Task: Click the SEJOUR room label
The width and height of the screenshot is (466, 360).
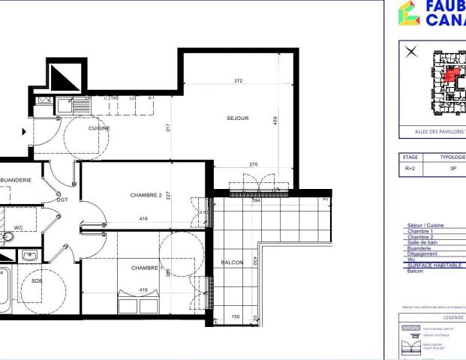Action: [x=237, y=118]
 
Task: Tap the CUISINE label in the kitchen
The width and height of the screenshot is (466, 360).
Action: [x=99, y=128]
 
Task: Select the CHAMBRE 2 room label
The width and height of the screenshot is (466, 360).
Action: [x=146, y=195]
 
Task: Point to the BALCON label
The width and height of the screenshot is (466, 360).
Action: [x=232, y=262]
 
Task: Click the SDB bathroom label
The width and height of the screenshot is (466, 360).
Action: [x=37, y=280]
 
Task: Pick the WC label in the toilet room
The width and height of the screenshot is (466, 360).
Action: [x=19, y=227]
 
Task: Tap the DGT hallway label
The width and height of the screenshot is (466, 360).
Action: [x=62, y=199]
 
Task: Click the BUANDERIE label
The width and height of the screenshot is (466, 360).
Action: [x=16, y=180]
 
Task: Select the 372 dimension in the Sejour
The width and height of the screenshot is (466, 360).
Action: [x=238, y=80]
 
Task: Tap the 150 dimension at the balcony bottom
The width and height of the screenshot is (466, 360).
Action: [x=236, y=316]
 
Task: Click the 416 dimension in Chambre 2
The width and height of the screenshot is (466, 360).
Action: [x=143, y=218]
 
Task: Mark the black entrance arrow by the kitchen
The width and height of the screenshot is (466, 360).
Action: [x=24, y=131]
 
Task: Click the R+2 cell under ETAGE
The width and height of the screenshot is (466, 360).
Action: [x=410, y=169]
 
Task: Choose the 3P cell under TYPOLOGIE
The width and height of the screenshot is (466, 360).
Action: [x=452, y=169]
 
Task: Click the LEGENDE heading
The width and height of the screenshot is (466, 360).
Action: [x=432, y=317]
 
